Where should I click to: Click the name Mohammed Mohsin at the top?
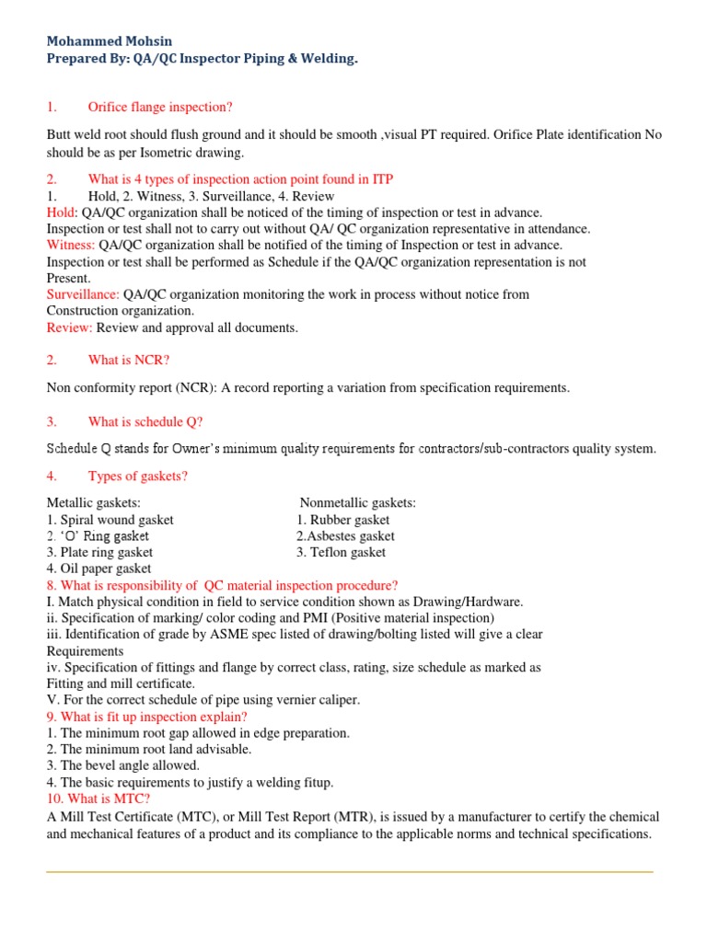(109, 41)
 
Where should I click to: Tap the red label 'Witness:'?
(71, 246)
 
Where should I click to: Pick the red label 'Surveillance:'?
(83, 294)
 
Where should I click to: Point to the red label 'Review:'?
(69, 327)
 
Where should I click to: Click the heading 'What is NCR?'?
(125, 360)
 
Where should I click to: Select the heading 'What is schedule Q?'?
(145, 422)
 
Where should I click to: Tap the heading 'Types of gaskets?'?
(137, 476)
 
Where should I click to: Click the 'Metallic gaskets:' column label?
(94, 503)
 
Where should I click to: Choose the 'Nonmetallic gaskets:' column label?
(357, 503)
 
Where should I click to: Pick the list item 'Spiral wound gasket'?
(116, 520)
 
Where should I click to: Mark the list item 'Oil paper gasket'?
(105, 569)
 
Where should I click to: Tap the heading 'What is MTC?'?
(99, 798)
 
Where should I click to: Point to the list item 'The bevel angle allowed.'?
(122, 765)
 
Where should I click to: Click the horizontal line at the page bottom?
(350, 871)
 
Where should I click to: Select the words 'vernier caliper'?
(317, 700)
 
